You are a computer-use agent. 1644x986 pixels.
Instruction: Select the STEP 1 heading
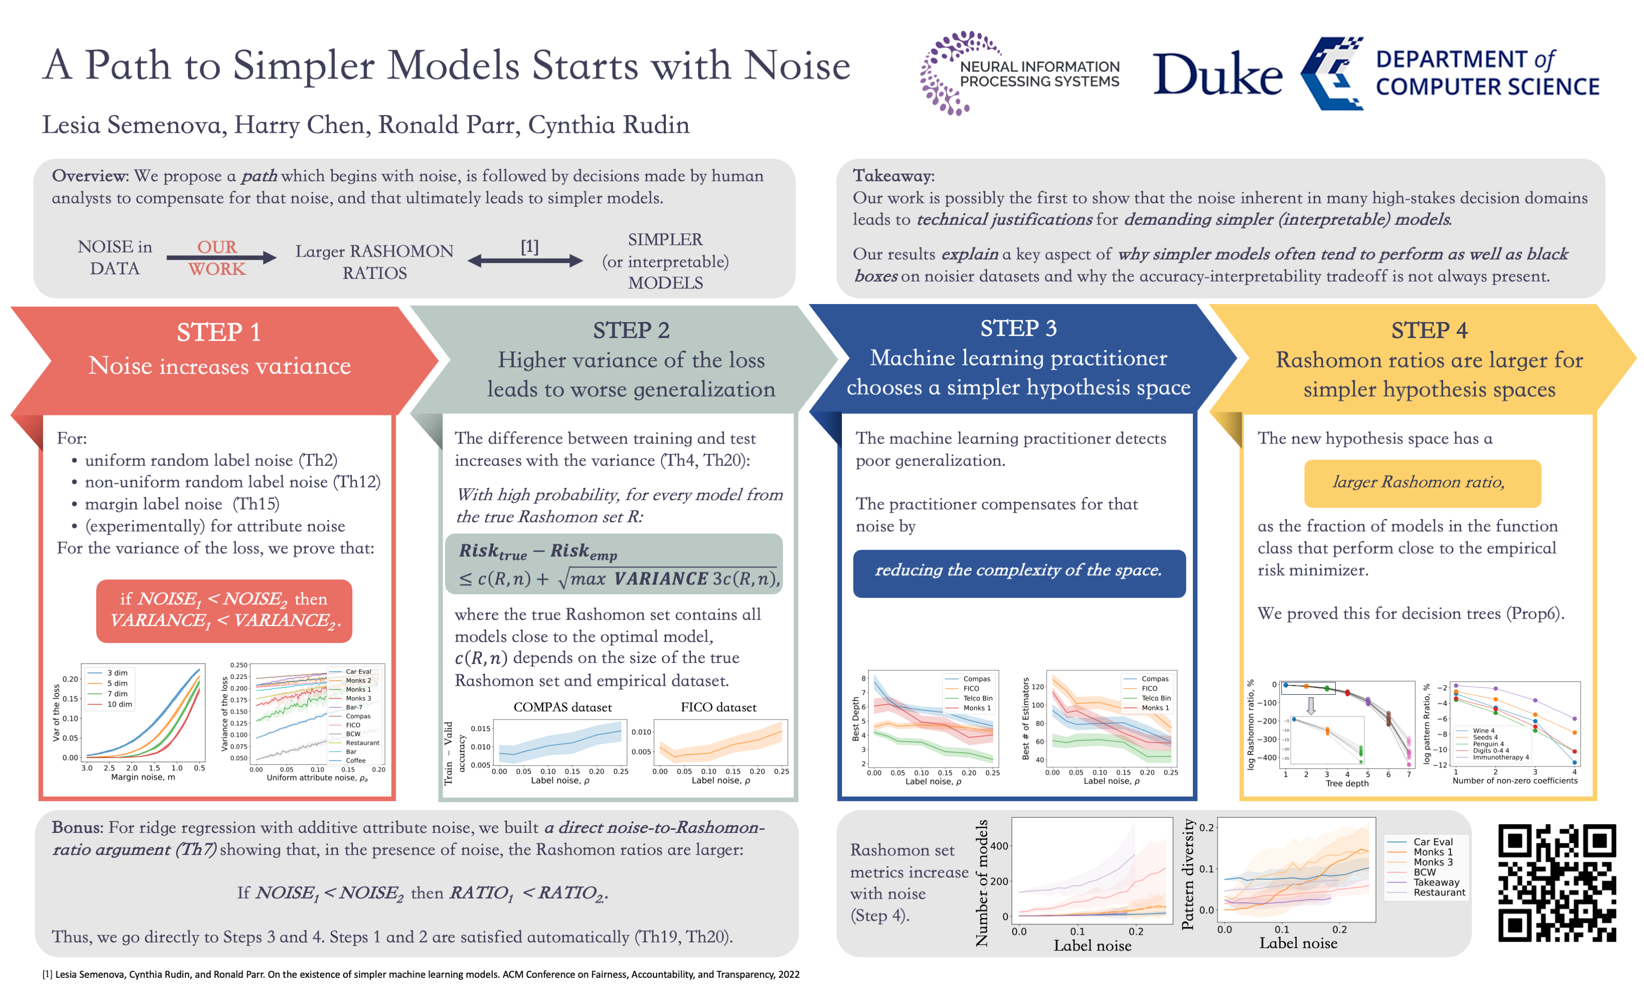pyautogui.click(x=219, y=332)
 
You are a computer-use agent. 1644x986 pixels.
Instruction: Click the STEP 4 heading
pyautogui.click(x=1429, y=330)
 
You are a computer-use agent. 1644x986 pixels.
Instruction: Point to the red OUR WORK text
pyautogui.click(x=217, y=258)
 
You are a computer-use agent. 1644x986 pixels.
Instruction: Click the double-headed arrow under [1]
pyautogui.click(x=525, y=261)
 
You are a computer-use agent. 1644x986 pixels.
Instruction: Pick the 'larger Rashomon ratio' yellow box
pyautogui.click(x=1422, y=482)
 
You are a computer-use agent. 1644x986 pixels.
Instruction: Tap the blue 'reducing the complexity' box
pyautogui.click(x=1018, y=571)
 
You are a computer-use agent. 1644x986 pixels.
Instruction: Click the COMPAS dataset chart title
pyautogui.click(x=562, y=708)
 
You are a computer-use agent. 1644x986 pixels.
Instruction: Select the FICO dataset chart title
pyautogui.click(x=718, y=708)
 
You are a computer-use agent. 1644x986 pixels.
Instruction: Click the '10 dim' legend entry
pyautogui.click(x=120, y=704)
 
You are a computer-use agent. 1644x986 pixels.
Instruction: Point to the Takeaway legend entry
pyautogui.click(x=1435, y=882)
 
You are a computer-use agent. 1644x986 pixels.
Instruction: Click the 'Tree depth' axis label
pyautogui.click(x=1347, y=783)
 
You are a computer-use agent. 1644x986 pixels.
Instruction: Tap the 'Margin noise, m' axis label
pyautogui.click(x=143, y=778)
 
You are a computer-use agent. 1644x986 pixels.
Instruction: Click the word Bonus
pyautogui.click(x=77, y=828)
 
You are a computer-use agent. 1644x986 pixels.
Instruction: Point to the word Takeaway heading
pyautogui.click(x=892, y=176)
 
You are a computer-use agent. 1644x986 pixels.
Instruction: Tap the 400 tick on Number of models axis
pyautogui.click(x=999, y=846)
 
